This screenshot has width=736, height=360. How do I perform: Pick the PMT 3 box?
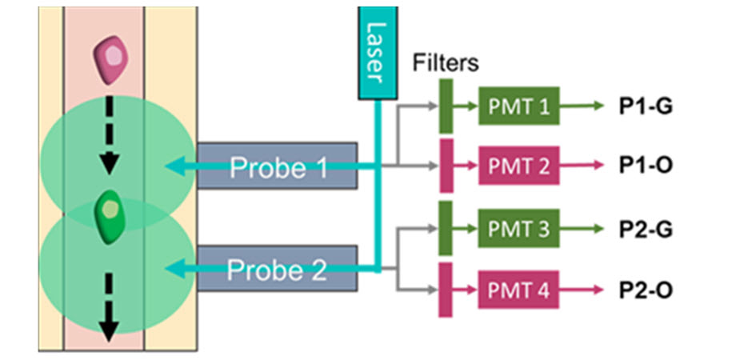click(518, 229)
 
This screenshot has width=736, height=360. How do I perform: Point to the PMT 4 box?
click(518, 288)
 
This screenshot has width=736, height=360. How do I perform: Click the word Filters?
click(446, 62)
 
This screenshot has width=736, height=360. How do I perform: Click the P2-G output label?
click(646, 229)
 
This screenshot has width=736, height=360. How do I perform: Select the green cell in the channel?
click(110, 212)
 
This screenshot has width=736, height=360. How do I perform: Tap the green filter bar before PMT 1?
click(446, 105)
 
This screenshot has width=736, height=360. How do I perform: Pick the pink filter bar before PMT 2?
click(446, 166)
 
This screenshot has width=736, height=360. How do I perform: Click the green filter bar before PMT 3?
click(446, 228)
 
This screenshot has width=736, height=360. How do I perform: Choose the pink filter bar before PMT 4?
click(446, 288)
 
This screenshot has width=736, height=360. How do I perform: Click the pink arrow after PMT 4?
click(582, 288)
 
